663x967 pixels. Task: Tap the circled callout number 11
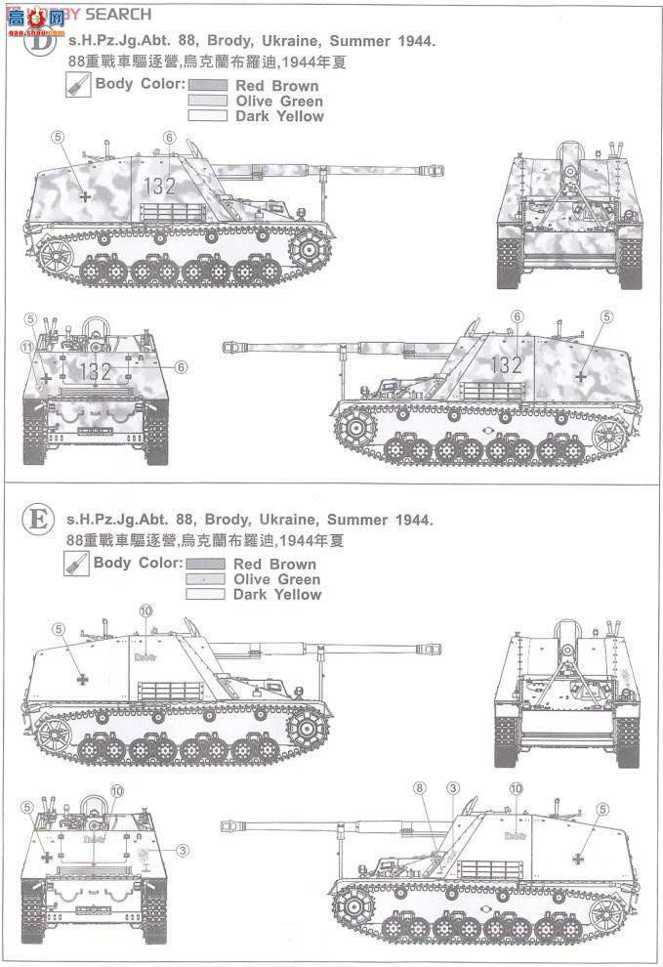click(28, 347)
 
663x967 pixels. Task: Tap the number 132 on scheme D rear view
click(95, 371)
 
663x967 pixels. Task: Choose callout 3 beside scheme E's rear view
click(185, 851)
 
